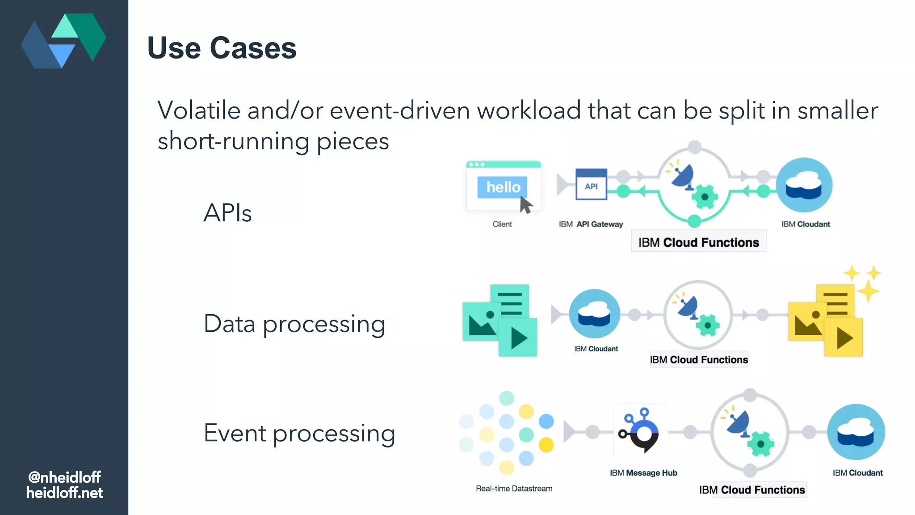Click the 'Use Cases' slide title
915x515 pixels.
(x=222, y=48)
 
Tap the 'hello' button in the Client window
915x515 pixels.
(x=502, y=187)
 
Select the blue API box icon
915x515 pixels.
(x=591, y=184)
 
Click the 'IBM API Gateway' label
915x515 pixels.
(x=591, y=224)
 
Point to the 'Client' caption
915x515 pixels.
(x=502, y=224)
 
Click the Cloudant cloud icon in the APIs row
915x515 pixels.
(x=804, y=185)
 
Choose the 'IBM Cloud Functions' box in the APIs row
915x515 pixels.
(x=698, y=242)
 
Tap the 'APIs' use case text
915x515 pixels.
(x=227, y=213)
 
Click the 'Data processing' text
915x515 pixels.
(x=294, y=324)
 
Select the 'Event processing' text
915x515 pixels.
(x=299, y=433)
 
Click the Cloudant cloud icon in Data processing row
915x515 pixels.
(x=594, y=314)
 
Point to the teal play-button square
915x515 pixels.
(x=518, y=338)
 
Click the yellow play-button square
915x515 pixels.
(x=844, y=338)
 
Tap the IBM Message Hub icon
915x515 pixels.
(x=640, y=432)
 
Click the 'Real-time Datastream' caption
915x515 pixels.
(x=514, y=489)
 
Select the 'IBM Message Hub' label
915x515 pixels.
(x=643, y=473)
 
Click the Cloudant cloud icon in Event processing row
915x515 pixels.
(x=856, y=432)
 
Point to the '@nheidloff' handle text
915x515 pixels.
(x=64, y=477)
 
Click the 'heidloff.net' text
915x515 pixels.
(x=64, y=493)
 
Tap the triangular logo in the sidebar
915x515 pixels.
(x=63, y=41)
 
